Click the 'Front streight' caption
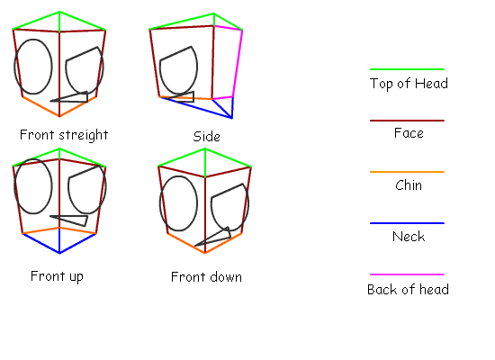click(x=64, y=135)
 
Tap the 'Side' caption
click(x=206, y=137)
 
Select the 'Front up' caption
click(x=57, y=276)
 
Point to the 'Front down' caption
click(x=206, y=277)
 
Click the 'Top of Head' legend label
click(x=409, y=84)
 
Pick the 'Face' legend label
click(x=409, y=133)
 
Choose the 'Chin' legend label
click(x=409, y=185)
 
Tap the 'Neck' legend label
click(x=409, y=237)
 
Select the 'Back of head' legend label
click(x=408, y=289)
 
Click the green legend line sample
click(x=407, y=69)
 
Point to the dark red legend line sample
click(x=407, y=121)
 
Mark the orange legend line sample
click(x=407, y=172)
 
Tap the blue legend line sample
click(x=407, y=223)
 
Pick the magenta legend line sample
click(x=407, y=274)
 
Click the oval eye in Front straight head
click(x=14, y=67)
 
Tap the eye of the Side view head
click(x=161, y=73)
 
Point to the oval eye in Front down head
click(x=160, y=203)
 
